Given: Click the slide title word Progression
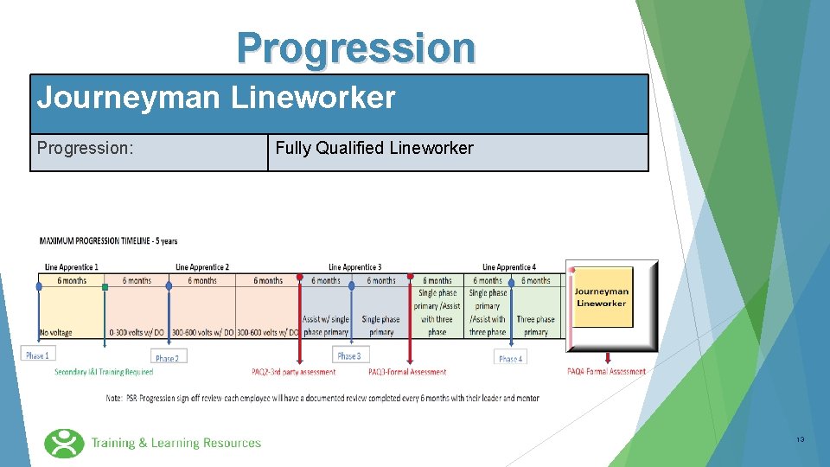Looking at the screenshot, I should (356, 48).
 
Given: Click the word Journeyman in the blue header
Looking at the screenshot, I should (128, 98).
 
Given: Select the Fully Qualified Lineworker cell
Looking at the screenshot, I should (374, 149).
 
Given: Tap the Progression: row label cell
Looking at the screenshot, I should (86, 149).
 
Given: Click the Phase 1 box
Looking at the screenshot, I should (36, 355).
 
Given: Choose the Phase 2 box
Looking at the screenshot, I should (168, 358).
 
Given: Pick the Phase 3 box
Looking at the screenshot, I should (349, 355).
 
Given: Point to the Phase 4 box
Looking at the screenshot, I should (510, 358).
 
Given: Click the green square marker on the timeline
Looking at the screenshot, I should (105, 286).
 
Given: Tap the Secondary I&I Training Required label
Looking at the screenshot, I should (104, 373).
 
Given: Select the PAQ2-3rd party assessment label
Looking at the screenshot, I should (294, 373).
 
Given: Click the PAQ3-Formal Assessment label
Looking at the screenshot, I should (407, 373).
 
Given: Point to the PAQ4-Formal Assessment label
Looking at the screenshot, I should (607, 372).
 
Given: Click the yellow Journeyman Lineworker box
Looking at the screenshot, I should (603, 298).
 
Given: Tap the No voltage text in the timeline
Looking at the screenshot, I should (56, 332).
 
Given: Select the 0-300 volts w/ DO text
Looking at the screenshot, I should (137, 332).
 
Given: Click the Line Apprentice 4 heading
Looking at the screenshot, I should (509, 267).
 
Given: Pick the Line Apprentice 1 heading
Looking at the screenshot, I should (72, 267).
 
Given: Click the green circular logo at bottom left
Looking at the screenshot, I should (64, 443).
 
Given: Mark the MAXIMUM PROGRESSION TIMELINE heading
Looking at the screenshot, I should (108, 241).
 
